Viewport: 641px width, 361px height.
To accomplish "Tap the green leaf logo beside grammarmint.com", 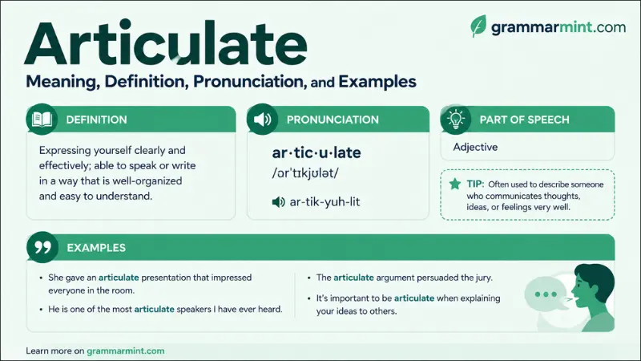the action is coord(478,26).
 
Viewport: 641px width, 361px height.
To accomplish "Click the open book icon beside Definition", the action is coord(42,120).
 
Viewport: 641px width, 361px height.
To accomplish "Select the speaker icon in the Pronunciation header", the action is coord(263,120).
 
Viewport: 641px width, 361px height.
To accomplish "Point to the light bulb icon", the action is coord(456,119).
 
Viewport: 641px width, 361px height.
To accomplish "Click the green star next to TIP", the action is coord(455,184).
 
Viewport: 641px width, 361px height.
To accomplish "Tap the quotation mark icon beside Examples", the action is coord(42,247).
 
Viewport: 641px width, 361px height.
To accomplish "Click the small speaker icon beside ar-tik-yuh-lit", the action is coord(278,202).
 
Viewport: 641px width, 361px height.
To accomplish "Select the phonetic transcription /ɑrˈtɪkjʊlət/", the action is coord(305,173).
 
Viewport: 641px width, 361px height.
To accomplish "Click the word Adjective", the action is coord(475,147).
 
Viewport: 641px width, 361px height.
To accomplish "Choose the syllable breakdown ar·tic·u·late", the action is coord(316,152).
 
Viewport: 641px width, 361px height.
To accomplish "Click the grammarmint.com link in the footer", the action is coord(126,351).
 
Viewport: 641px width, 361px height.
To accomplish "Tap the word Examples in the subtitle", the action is coord(377,82).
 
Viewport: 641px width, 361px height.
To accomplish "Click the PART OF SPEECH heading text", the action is coord(525,120).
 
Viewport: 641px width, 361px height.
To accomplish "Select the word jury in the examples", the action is coord(482,278).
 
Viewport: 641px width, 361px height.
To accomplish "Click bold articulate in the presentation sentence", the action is coord(119,278).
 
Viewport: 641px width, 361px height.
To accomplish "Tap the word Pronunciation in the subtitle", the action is coord(249,82).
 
